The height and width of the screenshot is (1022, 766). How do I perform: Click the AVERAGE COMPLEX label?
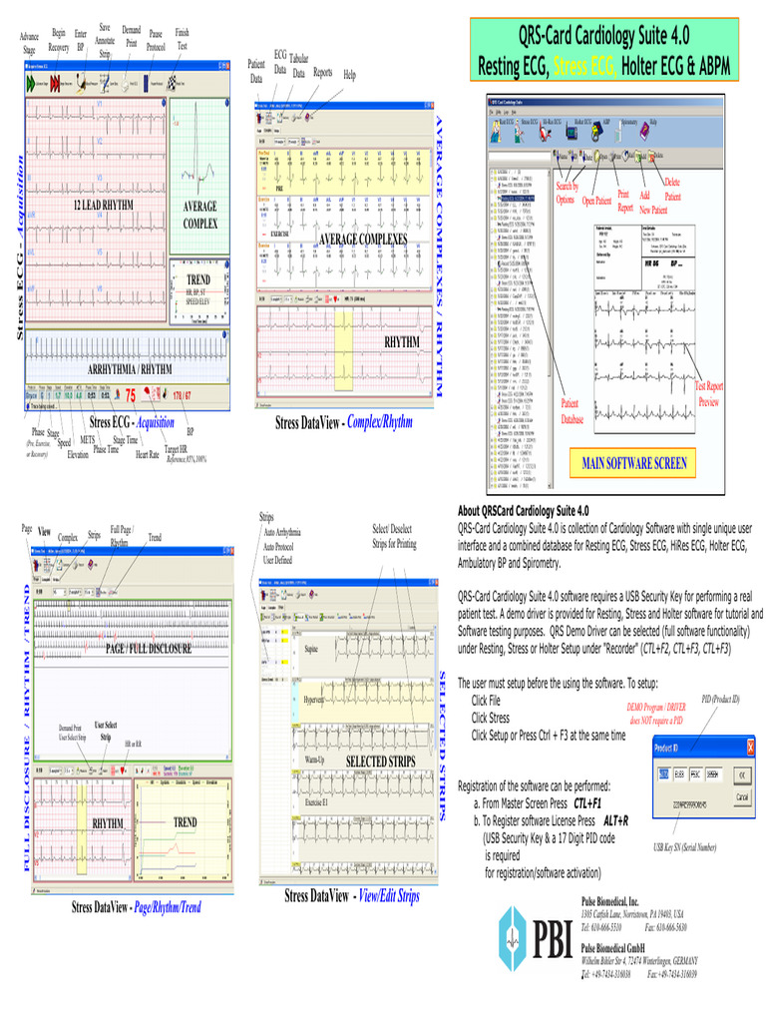pyautogui.click(x=199, y=215)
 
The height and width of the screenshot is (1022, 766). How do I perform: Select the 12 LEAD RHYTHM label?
pyautogui.click(x=103, y=205)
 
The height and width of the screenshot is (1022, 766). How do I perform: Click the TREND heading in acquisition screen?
pyautogui.click(x=198, y=278)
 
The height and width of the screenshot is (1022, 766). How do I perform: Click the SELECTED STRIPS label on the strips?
pyautogui.click(x=379, y=762)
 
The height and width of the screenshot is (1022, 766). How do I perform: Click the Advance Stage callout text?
pyautogui.click(x=29, y=43)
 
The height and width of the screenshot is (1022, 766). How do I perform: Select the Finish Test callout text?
pyautogui.click(x=182, y=39)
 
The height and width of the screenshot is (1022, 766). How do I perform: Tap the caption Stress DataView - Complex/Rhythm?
pyautogui.click(x=343, y=422)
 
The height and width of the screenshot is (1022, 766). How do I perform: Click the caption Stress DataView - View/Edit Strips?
pyautogui.click(x=352, y=896)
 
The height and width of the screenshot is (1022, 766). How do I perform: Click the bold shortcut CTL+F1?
pyautogui.click(x=588, y=802)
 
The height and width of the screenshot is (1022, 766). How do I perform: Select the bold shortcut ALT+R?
pyautogui.click(x=615, y=819)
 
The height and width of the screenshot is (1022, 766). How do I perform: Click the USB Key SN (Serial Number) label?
pyautogui.click(x=684, y=847)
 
